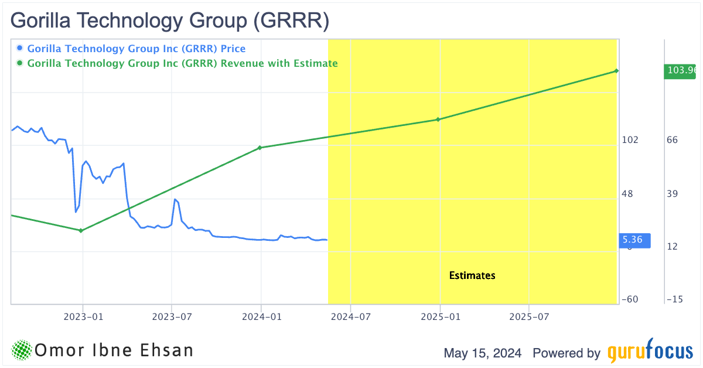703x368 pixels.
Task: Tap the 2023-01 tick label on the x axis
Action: coord(83,318)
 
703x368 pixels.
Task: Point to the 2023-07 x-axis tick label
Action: coord(172,318)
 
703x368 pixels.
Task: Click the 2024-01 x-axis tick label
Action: coord(261,318)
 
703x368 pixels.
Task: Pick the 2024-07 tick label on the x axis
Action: coord(350,318)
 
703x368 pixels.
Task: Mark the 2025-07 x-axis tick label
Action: coord(529,318)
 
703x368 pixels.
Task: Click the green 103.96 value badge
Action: coord(682,71)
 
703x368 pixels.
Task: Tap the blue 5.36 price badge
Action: coord(633,240)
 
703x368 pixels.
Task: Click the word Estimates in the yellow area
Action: coord(472,275)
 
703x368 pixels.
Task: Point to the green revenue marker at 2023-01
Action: coord(81,230)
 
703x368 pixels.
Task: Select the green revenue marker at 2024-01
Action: coord(260,148)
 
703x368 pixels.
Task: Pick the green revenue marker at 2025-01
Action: coord(438,120)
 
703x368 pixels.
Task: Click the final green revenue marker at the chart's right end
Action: coord(616,71)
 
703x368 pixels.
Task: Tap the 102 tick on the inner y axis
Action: coord(631,140)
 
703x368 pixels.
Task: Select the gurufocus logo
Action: coord(649,352)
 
